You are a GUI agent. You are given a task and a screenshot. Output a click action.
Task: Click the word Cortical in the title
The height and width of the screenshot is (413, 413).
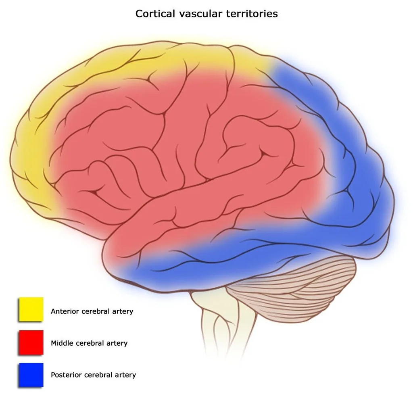[155, 14]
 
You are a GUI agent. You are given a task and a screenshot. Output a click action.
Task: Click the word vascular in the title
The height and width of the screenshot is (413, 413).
[200, 14]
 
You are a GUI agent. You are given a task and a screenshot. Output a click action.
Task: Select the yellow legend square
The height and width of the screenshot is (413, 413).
[31, 309]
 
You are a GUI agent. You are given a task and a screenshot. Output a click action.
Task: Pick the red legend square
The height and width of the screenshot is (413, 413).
[31, 342]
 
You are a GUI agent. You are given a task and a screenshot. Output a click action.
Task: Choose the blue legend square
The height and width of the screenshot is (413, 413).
[31, 375]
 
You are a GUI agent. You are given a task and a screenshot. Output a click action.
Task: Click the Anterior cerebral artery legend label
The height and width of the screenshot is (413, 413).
[92, 311]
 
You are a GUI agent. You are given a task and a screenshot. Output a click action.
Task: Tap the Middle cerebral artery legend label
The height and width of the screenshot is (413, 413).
[89, 343]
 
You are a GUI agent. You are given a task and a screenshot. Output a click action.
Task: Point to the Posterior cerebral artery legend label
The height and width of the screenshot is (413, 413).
[93, 375]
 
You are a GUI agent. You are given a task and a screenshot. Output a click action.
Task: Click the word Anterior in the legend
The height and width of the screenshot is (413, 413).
[65, 311]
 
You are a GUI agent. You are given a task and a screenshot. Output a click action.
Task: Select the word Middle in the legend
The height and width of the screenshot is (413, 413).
[62, 343]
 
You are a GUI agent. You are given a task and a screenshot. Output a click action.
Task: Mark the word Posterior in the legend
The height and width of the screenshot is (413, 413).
[66, 375]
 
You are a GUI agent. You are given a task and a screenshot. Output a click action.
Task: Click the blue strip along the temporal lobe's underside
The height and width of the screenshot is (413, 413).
[211, 263]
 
